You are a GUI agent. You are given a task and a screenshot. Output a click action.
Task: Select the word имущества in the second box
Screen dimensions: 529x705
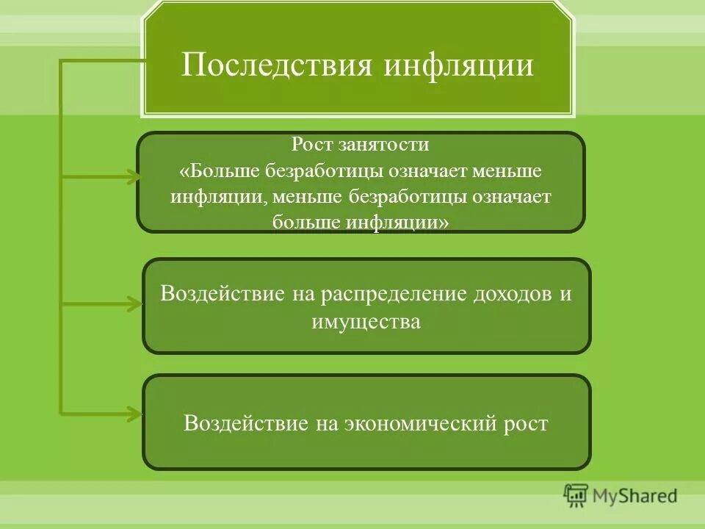(366, 322)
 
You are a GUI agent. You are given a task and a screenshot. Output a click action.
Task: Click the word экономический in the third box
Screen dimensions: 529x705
(412, 423)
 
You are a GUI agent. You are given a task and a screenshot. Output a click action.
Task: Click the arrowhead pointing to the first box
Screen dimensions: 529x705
(131, 176)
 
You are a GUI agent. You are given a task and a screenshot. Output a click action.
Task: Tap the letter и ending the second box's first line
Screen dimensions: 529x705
(565, 294)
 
